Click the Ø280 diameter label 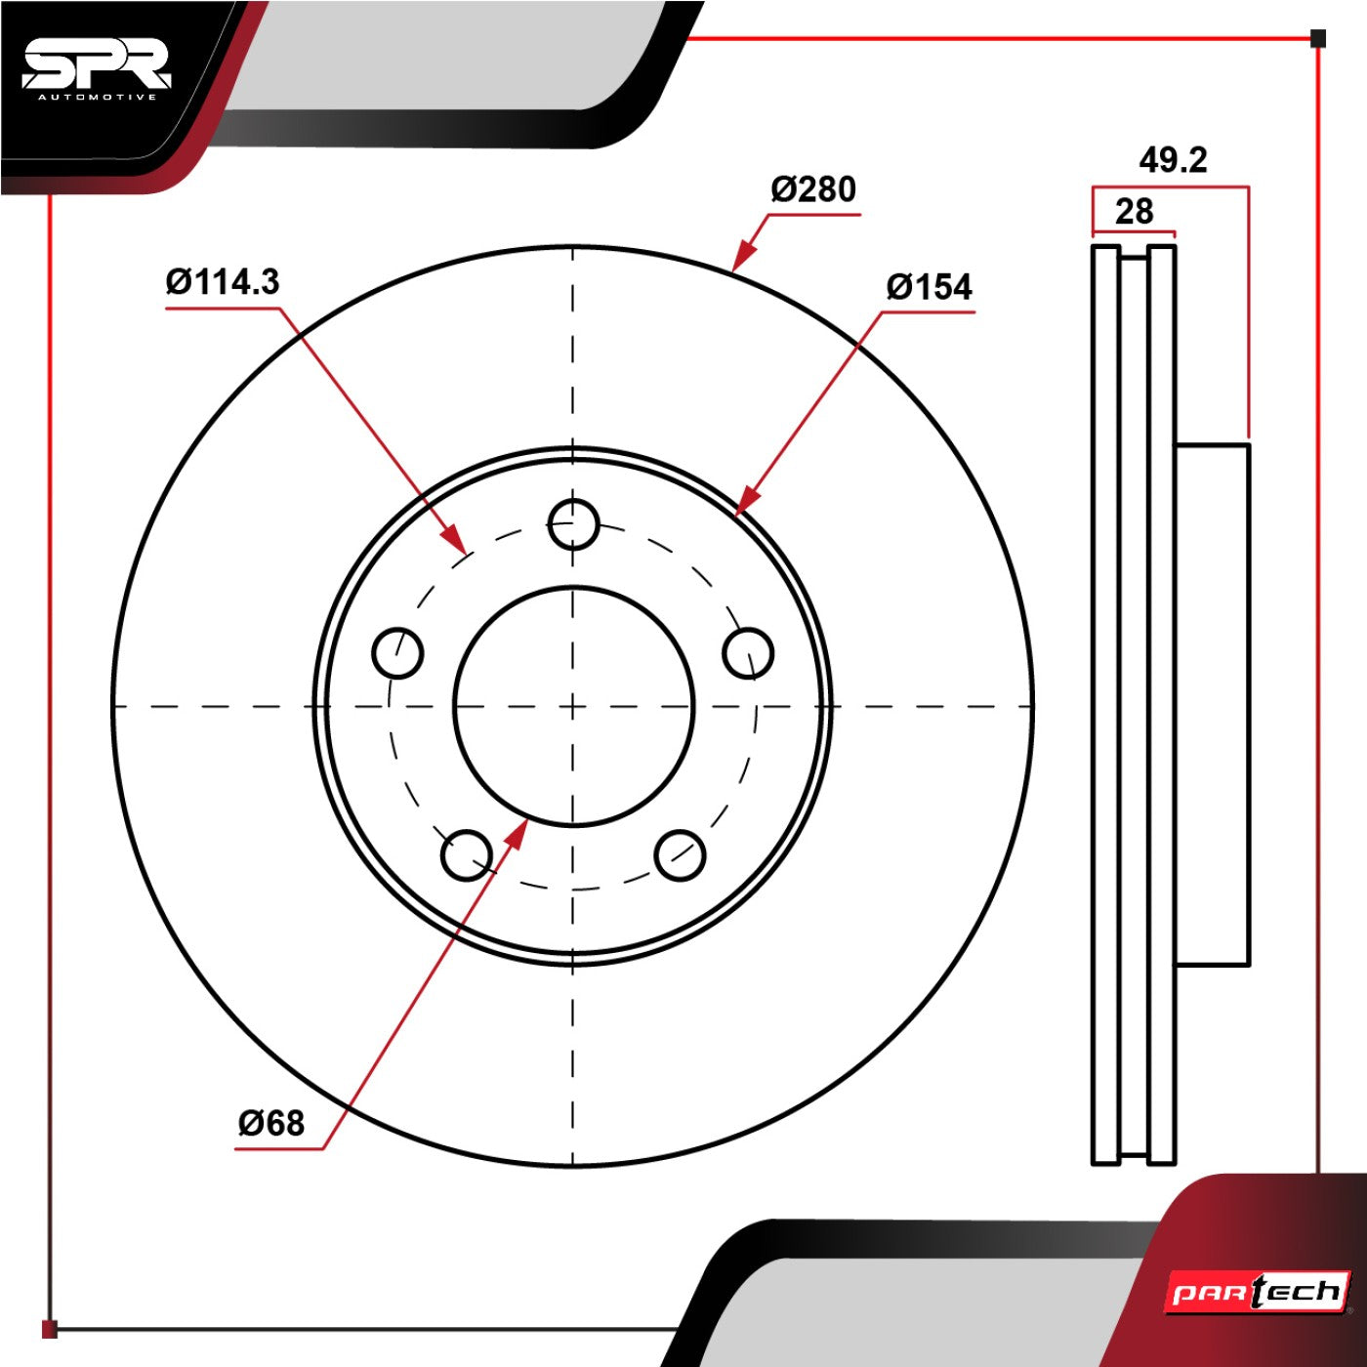point(813,189)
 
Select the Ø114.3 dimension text point(223,282)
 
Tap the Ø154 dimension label point(929,287)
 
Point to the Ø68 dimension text point(271,1123)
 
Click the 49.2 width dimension point(1173,160)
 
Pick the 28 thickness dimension point(1135,212)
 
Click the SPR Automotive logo point(96,71)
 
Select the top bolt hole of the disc point(574,524)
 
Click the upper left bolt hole point(397,652)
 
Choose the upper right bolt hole point(748,652)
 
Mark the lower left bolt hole point(466,855)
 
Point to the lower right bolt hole point(680,855)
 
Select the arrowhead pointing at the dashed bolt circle point(454,537)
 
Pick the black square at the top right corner point(1317,38)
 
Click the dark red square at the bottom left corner point(49,1329)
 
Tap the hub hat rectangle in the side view point(1212,704)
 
